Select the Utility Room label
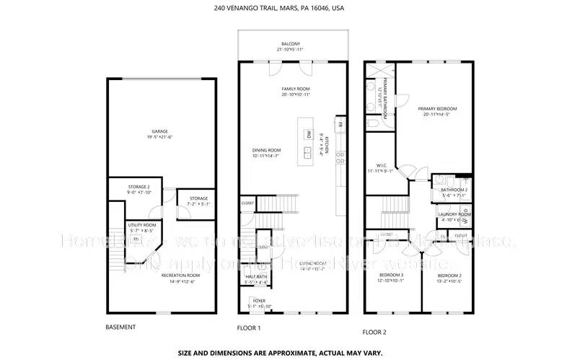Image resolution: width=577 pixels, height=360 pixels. point(142,225)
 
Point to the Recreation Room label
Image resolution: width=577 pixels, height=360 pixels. point(159,276)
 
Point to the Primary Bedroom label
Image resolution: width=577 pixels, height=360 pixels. point(437,109)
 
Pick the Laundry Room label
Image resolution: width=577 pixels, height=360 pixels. point(454,214)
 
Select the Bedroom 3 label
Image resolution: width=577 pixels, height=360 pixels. point(392,275)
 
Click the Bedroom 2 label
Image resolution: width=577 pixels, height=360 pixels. point(448,276)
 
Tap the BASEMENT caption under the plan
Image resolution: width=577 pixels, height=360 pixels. point(120,327)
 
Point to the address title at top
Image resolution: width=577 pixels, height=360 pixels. point(288,9)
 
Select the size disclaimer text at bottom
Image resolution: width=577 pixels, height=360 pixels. point(288,353)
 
